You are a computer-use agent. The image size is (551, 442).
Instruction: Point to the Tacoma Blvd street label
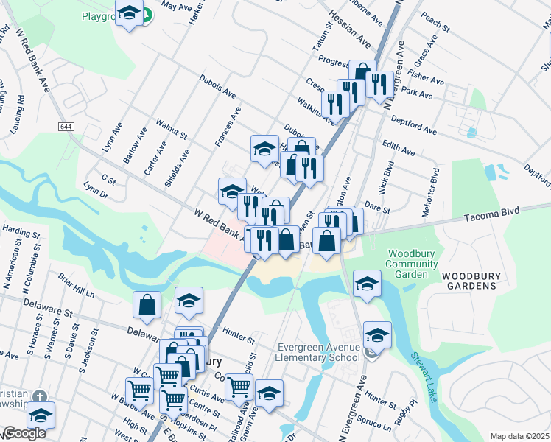tap(491, 212)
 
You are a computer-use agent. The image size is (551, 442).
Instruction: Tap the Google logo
tap(24, 434)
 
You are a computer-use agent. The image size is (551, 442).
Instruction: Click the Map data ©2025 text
tap(519, 436)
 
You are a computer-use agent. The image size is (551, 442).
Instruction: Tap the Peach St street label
tap(435, 21)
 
